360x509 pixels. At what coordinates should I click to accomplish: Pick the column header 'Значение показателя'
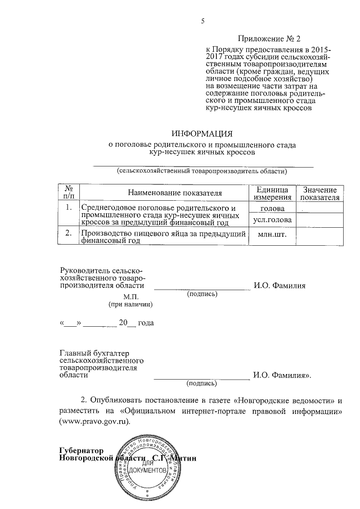pyautogui.click(x=319, y=193)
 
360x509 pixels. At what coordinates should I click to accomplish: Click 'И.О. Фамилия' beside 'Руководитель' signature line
pyautogui.click(x=280, y=286)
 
